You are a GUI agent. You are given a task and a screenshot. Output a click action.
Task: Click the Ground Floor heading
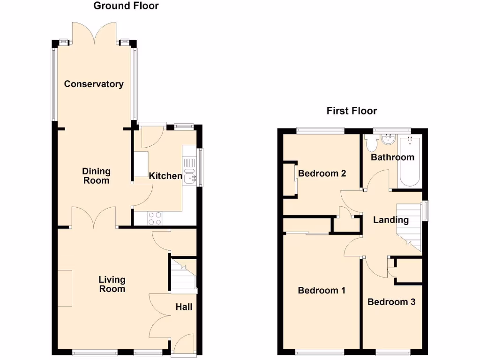click(x=126, y=6)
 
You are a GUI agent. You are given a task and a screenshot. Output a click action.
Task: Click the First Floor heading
click(x=352, y=111)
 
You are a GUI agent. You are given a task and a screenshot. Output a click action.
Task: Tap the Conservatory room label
click(x=94, y=84)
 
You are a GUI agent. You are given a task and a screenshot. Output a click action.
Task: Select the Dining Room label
click(x=96, y=176)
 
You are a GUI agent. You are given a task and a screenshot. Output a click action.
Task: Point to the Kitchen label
click(x=165, y=176)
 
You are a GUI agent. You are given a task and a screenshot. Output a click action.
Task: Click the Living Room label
click(x=112, y=284)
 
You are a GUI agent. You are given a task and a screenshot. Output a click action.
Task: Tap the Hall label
click(x=184, y=307)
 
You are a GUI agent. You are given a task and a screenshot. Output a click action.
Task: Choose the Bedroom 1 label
click(x=322, y=291)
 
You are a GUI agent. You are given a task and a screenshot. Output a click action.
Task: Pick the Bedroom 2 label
click(x=322, y=173)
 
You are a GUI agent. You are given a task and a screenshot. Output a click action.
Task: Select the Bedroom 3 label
click(x=391, y=302)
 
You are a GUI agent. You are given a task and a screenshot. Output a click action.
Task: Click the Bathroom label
click(x=392, y=157)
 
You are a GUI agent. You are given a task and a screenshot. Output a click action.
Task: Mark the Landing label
click(x=391, y=220)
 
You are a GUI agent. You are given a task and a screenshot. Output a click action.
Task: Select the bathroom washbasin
click(x=388, y=139)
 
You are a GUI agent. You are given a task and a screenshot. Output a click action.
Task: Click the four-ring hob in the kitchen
click(x=155, y=217)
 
